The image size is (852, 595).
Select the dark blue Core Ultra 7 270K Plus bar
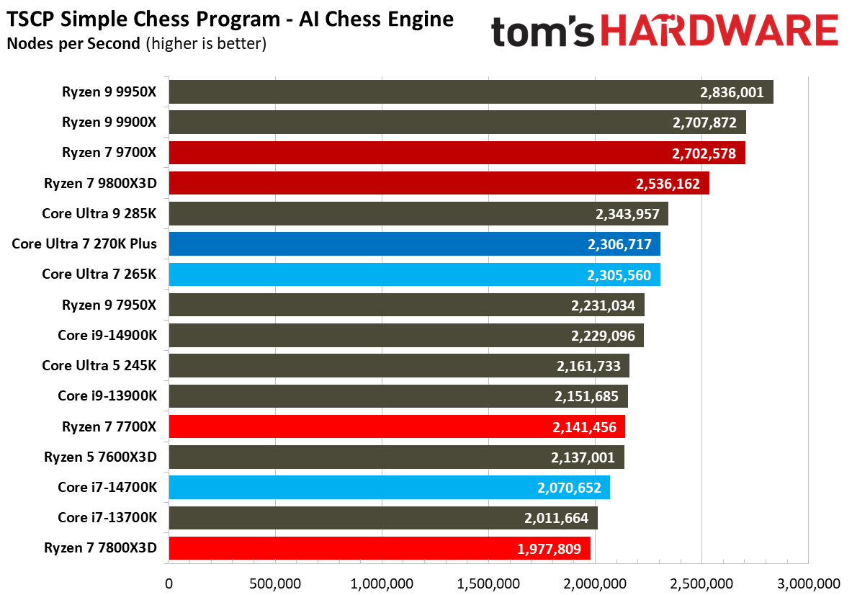(414, 244)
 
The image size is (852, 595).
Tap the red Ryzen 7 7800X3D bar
(379, 548)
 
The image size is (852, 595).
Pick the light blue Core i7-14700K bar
(389, 488)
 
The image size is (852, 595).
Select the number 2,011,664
(555, 518)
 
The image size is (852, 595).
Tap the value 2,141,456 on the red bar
(583, 427)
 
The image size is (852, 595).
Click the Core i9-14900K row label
(107, 336)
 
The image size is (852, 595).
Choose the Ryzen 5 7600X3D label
(100, 457)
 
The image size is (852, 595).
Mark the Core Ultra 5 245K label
(99, 366)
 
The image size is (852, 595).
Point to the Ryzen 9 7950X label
(109, 305)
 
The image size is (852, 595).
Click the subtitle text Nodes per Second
(73, 43)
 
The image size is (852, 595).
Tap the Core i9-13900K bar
(398, 396)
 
